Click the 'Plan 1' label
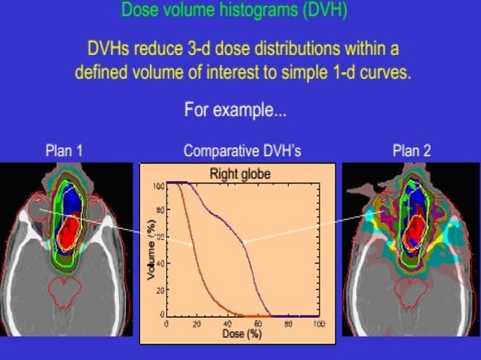64,151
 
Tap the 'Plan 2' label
412,151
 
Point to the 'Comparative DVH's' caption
242,151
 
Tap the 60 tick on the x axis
258,323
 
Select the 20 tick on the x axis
197,323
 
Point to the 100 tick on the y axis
158,185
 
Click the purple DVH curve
245,242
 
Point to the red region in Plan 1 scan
70,231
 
